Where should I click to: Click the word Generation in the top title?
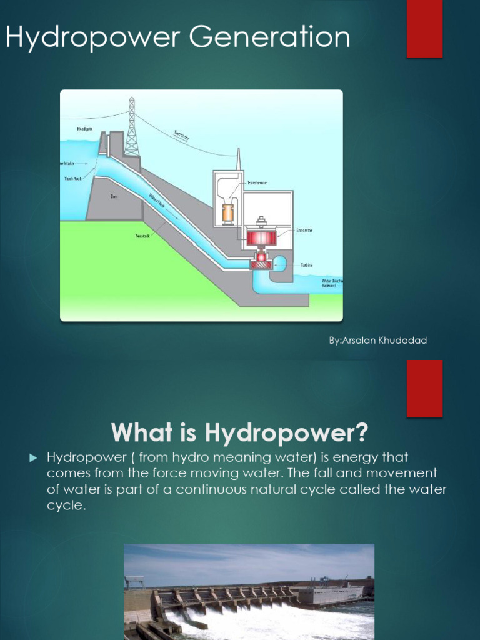[x=270, y=37]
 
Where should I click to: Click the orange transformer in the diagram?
[x=228, y=213]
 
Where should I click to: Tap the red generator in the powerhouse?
[x=261, y=237]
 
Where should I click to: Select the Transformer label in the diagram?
[x=257, y=182]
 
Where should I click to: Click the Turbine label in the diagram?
[x=306, y=265]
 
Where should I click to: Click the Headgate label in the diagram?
[x=85, y=129]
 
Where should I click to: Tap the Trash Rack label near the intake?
[x=72, y=178]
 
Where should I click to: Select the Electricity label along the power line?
[x=182, y=135]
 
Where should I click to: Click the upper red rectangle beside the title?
[x=425, y=29]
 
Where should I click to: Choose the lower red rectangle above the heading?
[x=425, y=388]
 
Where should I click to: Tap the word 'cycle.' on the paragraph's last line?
[x=66, y=506]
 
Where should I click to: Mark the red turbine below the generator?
[x=261, y=264]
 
